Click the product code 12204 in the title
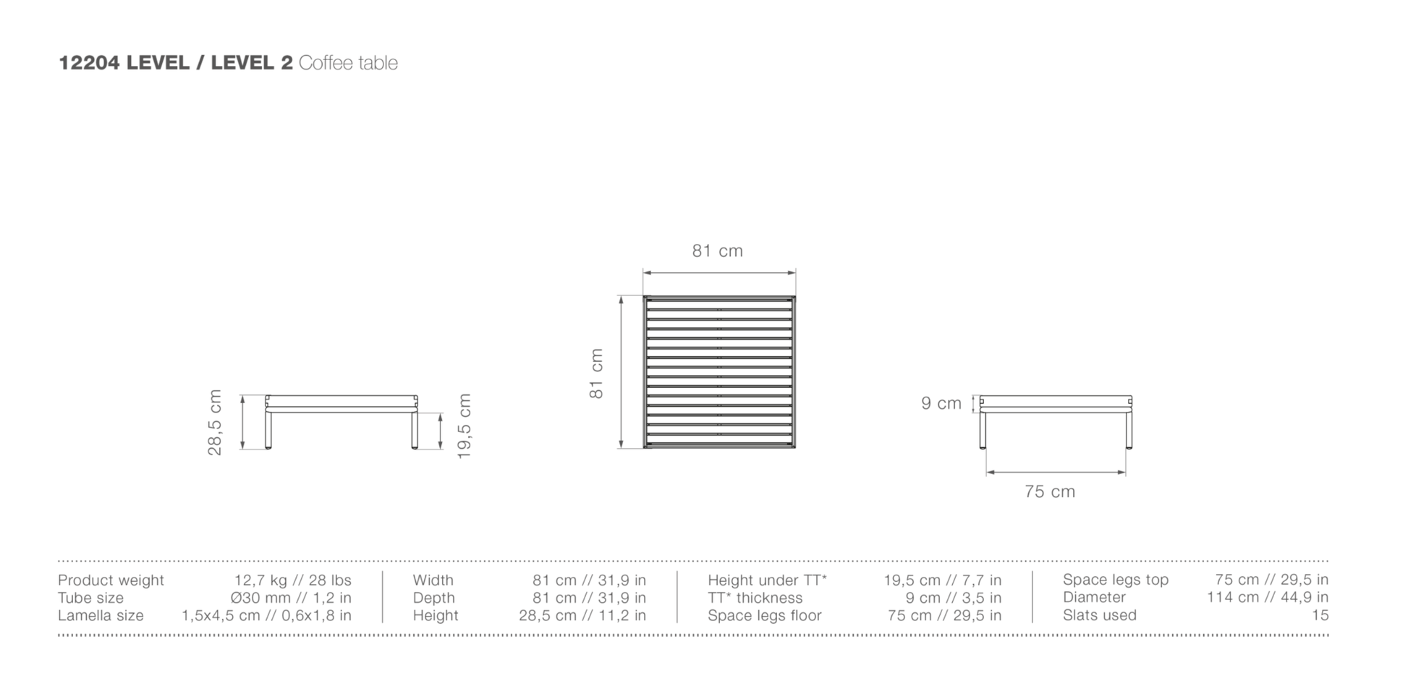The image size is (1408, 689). click(89, 63)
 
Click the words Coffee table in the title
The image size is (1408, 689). click(348, 63)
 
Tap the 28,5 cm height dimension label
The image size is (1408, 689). click(215, 423)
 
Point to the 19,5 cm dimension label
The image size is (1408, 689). click(465, 426)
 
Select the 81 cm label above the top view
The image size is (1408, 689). click(718, 250)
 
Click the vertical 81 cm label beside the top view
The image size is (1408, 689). click(596, 373)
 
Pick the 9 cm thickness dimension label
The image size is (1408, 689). click(941, 403)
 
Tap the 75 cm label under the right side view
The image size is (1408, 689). click(1050, 491)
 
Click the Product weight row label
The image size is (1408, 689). click(111, 580)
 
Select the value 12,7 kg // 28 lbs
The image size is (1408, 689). click(293, 580)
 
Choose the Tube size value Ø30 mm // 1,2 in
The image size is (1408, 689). click(291, 598)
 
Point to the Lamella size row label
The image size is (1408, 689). click(101, 616)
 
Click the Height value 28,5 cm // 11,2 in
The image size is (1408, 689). click(582, 616)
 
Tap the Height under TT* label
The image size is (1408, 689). click(767, 580)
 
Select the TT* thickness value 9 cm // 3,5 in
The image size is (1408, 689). click(954, 598)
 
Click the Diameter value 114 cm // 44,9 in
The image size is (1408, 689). click(1268, 597)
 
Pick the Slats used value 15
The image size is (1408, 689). click(1320, 615)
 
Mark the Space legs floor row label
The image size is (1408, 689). click(765, 616)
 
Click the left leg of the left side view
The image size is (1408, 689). click(268, 431)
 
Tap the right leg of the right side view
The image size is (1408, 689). click(1129, 431)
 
